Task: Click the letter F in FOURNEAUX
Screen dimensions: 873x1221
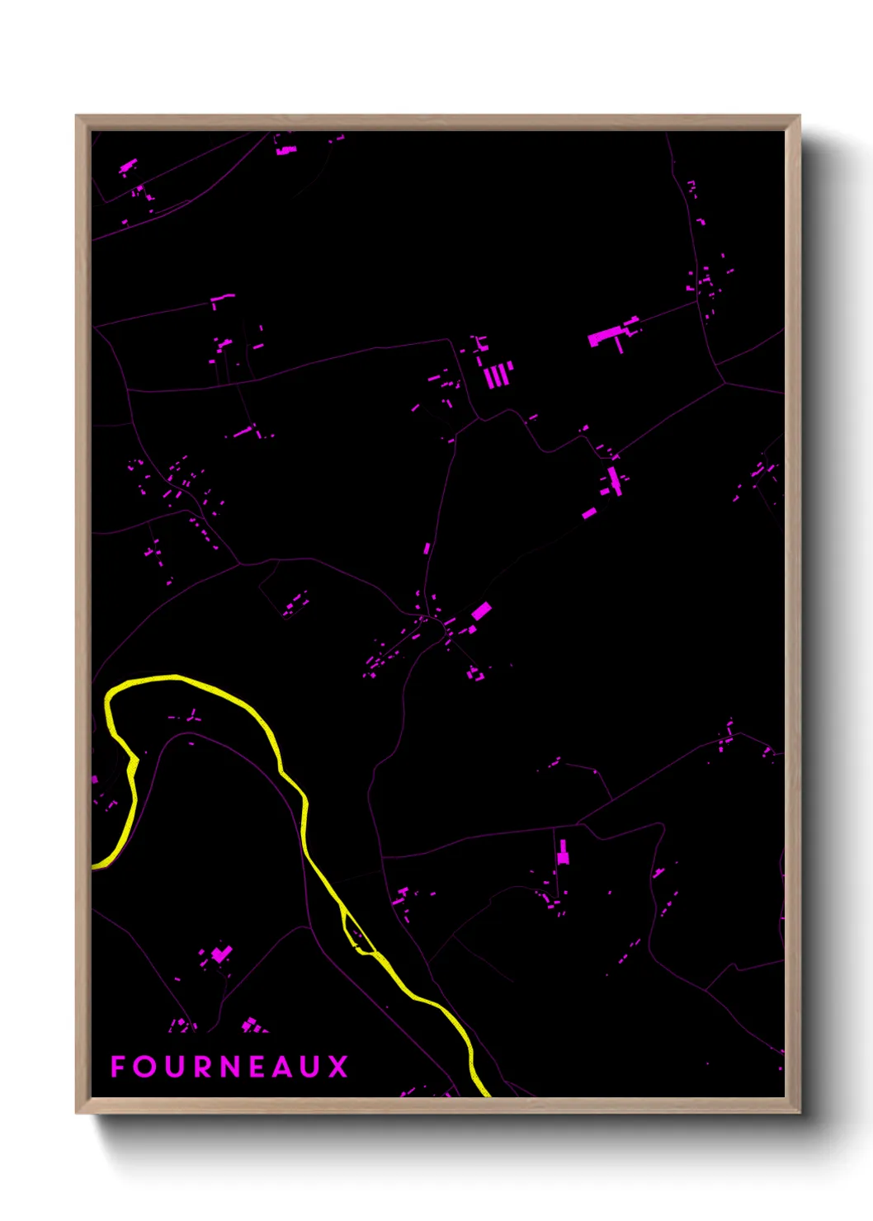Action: (118, 1067)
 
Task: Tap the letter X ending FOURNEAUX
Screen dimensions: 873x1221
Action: (338, 1067)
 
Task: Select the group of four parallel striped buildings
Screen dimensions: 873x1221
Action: (498, 375)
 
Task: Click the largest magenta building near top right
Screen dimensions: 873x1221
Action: (605, 336)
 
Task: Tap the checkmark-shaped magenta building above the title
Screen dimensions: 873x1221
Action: (220, 955)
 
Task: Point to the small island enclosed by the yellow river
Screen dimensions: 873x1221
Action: (353, 931)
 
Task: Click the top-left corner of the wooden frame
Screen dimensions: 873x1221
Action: (77, 116)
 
